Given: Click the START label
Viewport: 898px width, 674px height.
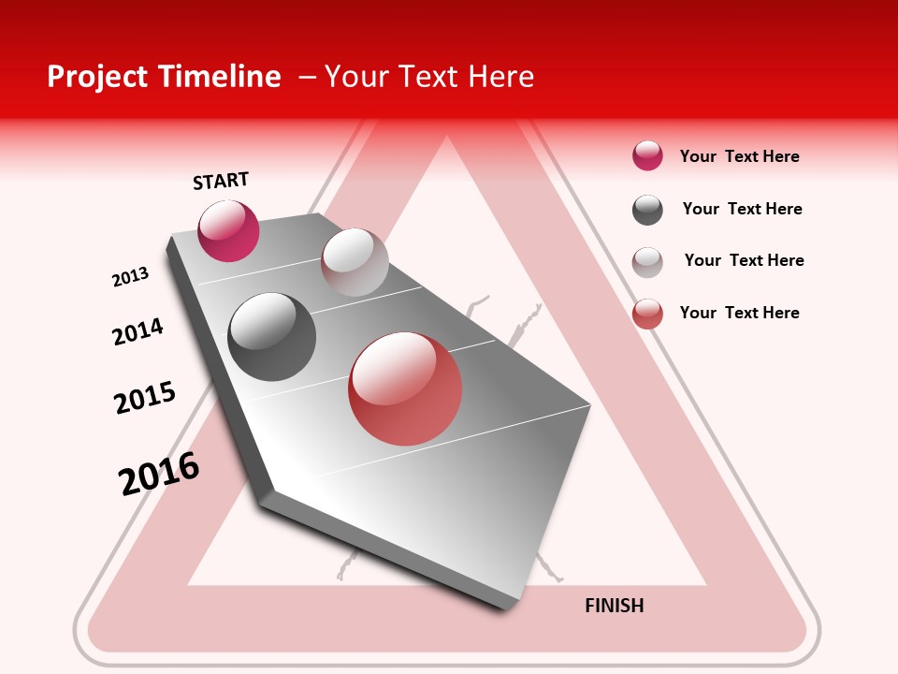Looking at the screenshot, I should click(221, 181).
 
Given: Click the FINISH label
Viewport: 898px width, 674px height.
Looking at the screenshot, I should click(614, 606).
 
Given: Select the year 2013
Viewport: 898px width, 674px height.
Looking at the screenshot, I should click(130, 277).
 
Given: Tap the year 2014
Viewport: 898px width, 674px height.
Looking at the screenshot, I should click(138, 331).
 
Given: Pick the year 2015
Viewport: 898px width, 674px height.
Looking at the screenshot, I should click(145, 398).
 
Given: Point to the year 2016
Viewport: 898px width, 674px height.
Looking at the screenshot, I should click(159, 474).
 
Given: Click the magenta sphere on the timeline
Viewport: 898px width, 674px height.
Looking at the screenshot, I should click(228, 230).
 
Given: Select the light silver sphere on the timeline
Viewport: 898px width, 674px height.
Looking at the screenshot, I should click(355, 262).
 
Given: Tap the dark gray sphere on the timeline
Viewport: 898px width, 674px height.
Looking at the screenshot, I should click(272, 337).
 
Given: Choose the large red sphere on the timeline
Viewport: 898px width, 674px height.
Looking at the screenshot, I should click(405, 388).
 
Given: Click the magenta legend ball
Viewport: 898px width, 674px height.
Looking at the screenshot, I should click(647, 155).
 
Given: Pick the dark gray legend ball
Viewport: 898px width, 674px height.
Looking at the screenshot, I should click(647, 210).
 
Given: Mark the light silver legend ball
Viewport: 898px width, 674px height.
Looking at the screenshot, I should click(647, 262).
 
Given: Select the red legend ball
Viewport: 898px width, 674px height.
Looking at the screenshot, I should click(647, 314).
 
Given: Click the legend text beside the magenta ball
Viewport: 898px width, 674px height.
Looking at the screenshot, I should click(739, 156).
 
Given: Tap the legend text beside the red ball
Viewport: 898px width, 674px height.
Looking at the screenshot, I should click(739, 313).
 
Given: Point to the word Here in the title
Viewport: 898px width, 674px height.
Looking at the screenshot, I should click(500, 77).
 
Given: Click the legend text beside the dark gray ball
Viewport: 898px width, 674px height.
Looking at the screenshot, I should click(742, 209).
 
